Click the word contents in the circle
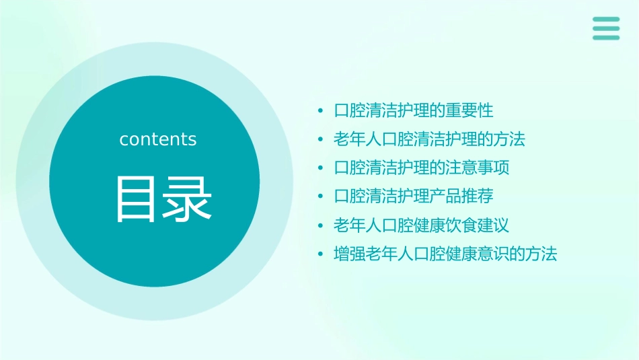158,139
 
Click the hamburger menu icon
606,28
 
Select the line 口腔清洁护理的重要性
414,110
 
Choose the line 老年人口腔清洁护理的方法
429,139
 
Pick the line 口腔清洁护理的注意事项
422,168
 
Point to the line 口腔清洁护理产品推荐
414,196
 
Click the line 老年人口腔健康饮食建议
422,225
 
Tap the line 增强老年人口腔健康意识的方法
445,254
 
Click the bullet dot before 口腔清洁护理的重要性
321,111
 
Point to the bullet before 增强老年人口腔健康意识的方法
321,254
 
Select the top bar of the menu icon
606,20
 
